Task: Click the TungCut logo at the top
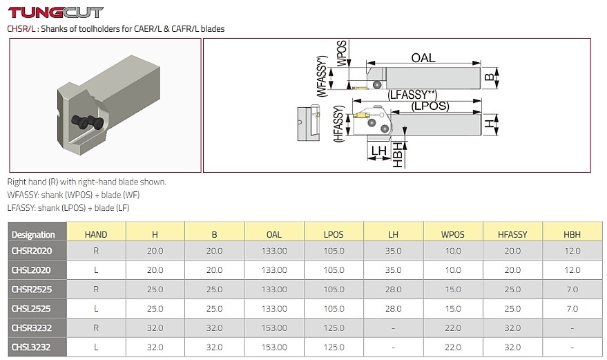click(x=55, y=12)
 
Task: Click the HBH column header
click(x=572, y=234)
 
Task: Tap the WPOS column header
click(x=453, y=234)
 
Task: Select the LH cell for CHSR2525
click(x=394, y=289)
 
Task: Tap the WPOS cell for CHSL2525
click(x=453, y=308)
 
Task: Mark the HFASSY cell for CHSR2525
click(x=512, y=289)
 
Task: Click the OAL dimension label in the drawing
click(x=423, y=58)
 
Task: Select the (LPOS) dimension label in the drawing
click(x=430, y=106)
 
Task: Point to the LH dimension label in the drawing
click(x=378, y=151)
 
